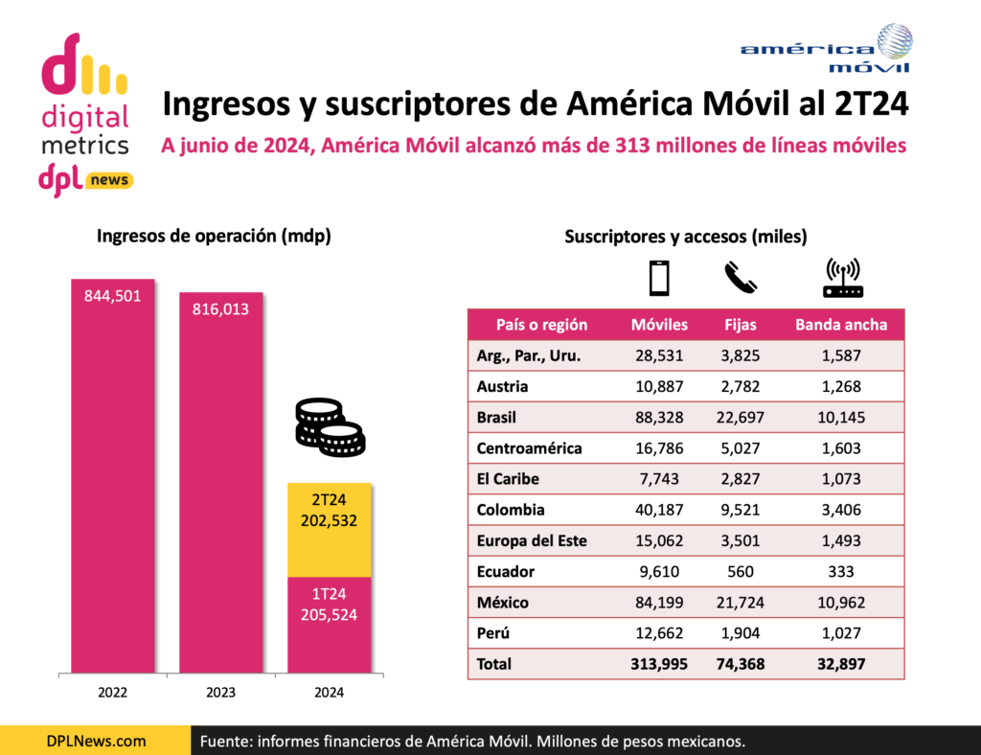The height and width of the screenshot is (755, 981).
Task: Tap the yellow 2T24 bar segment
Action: pyautogui.click(x=330, y=530)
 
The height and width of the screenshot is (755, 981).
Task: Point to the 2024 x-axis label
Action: pyautogui.click(x=330, y=692)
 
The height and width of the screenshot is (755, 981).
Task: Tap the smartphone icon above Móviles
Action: pyautogui.click(x=659, y=277)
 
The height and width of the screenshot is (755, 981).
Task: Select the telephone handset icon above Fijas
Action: pyautogui.click(x=740, y=277)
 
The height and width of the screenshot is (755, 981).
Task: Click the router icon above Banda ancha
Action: pyautogui.click(x=842, y=277)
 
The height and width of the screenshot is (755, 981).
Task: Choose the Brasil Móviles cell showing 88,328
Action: pyautogui.click(x=659, y=418)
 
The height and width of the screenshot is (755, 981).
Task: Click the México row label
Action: pyautogui.click(x=503, y=603)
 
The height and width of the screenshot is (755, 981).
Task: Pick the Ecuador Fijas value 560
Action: pyautogui.click(x=740, y=572)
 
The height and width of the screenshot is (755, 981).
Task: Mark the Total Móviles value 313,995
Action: pyautogui.click(x=659, y=664)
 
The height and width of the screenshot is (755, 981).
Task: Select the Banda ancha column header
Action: pyautogui.click(x=841, y=325)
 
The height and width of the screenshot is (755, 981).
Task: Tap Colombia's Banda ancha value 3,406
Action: pyautogui.click(x=841, y=510)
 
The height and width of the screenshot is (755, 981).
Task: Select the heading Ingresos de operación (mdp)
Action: pyautogui.click(x=214, y=237)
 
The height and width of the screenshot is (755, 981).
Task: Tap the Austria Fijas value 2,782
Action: pyautogui.click(x=740, y=387)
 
